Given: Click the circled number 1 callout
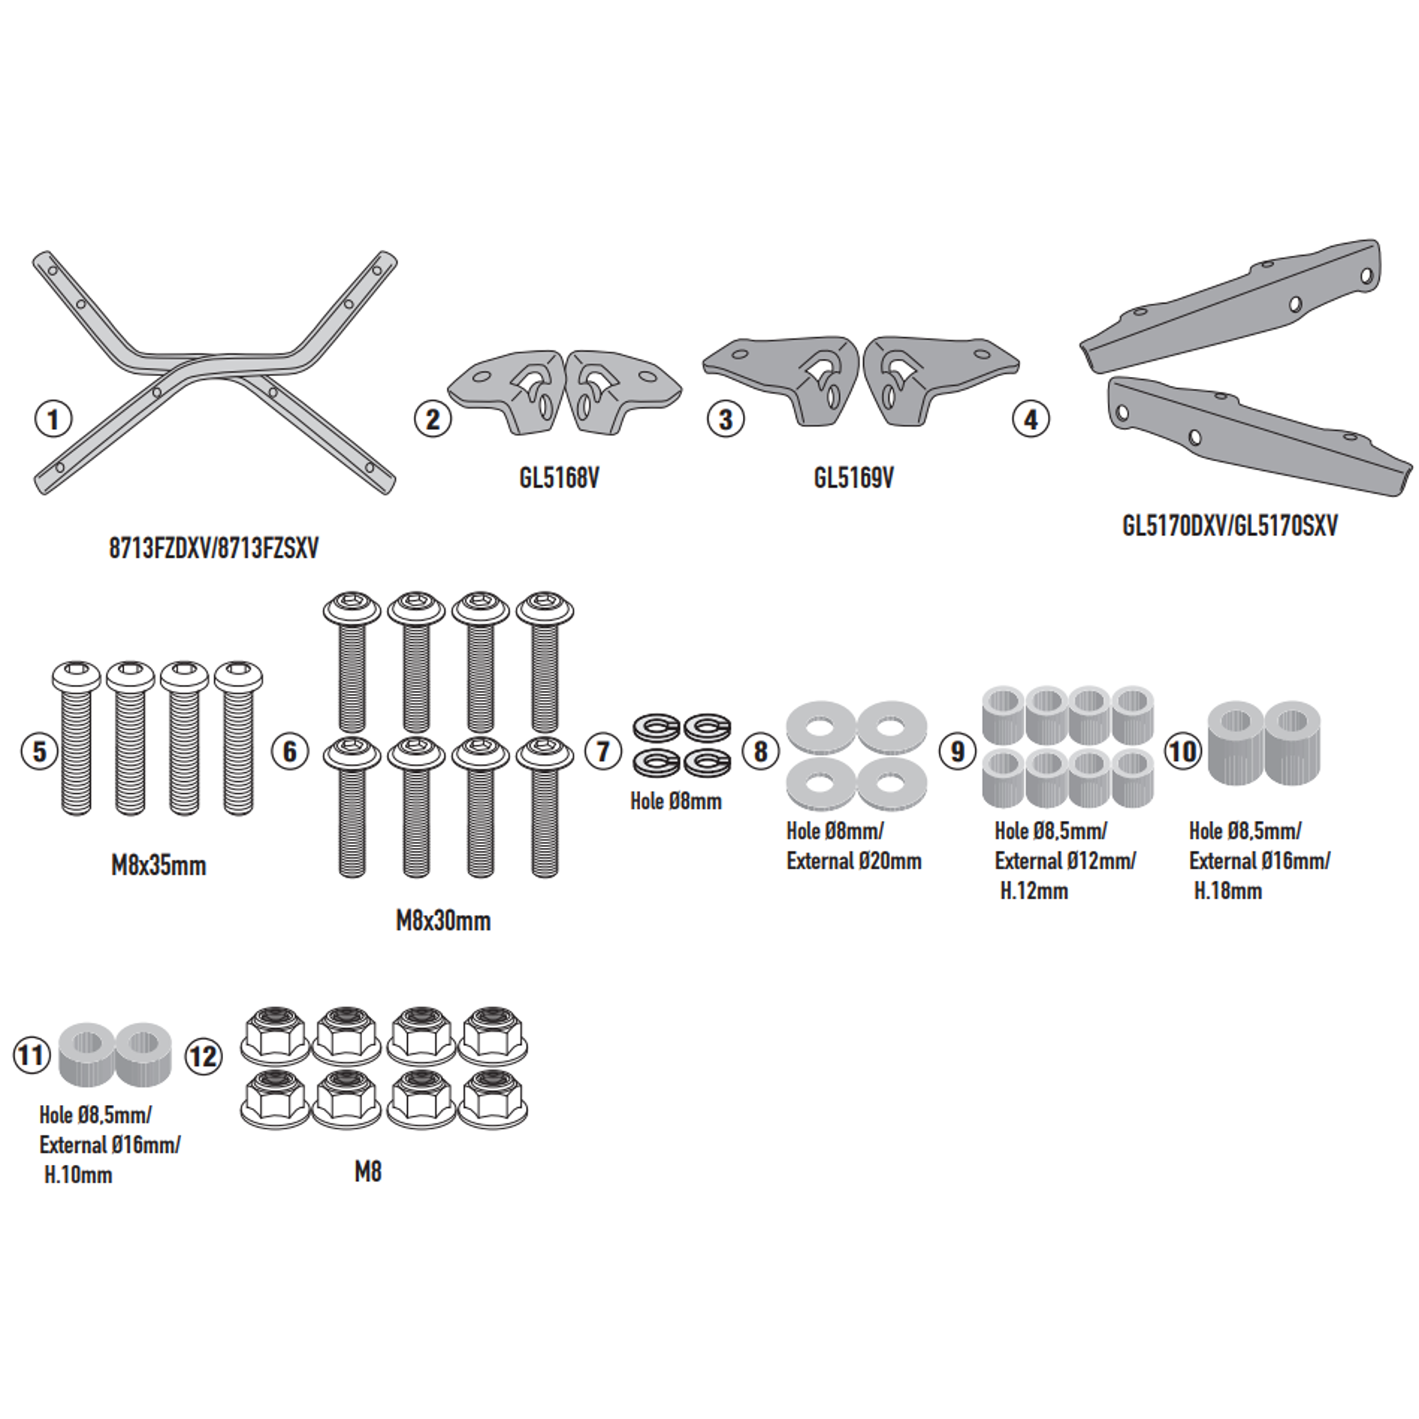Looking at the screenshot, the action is click(54, 420).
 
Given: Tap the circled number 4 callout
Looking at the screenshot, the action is click(1031, 420).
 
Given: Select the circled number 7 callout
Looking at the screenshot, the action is click(604, 752).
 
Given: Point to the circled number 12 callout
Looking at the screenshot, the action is click(203, 1056).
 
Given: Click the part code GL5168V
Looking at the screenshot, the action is click(559, 478).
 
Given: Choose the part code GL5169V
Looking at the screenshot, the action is click(854, 478).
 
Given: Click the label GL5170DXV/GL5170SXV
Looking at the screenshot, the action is click(1230, 525).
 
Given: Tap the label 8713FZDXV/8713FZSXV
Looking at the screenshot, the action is click(214, 548).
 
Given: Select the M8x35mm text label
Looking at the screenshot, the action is click(159, 865).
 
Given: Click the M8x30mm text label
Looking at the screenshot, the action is click(443, 921).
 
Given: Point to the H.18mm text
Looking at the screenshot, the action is click(1228, 891).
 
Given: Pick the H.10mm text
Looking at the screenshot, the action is click(78, 1175).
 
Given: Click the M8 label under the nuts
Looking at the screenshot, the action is click(368, 1172).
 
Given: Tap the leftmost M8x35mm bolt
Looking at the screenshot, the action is click(76, 738).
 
